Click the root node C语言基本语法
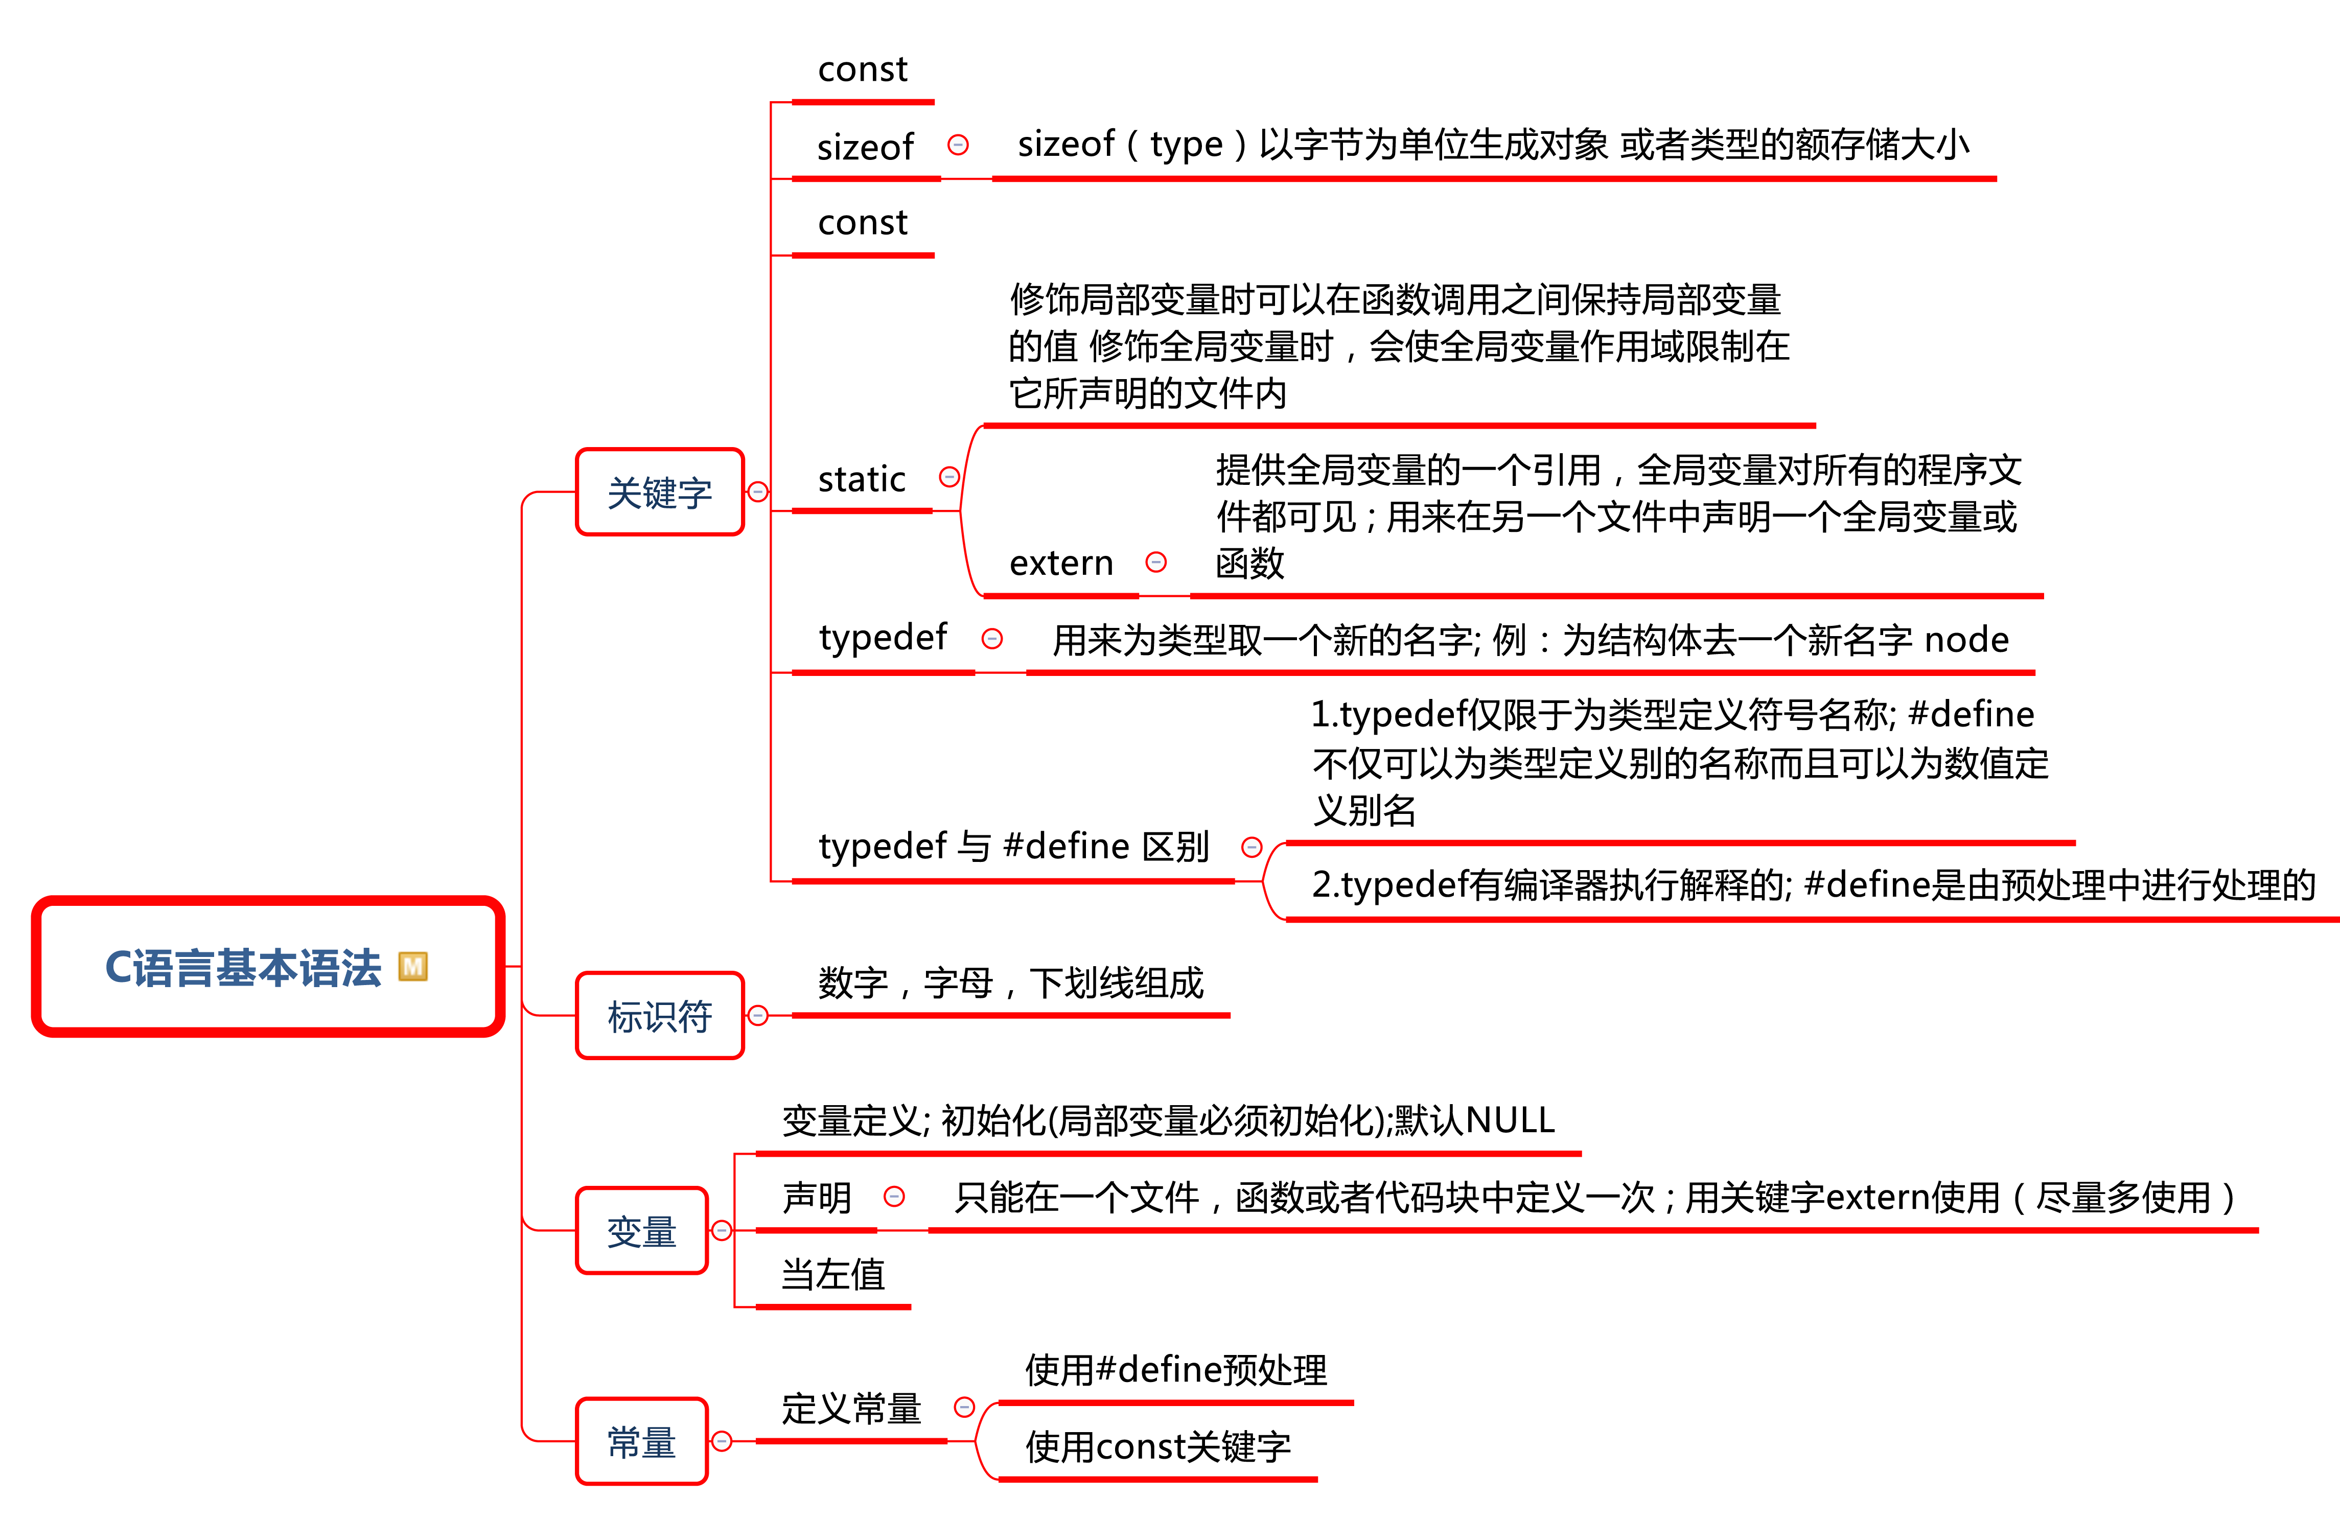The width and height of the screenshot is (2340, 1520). [268, 967]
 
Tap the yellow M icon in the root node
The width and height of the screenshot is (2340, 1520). [413, 967]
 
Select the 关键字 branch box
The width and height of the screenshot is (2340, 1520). [660, 492]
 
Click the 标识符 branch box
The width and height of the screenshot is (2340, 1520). [660, 1016]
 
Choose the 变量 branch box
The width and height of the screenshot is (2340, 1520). [642, 1230]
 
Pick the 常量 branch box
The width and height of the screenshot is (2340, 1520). [642, 1441]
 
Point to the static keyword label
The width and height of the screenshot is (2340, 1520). [861, 479]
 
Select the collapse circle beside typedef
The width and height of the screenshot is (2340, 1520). [992, 639]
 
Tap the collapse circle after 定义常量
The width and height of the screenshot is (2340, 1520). [964, 1407]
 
